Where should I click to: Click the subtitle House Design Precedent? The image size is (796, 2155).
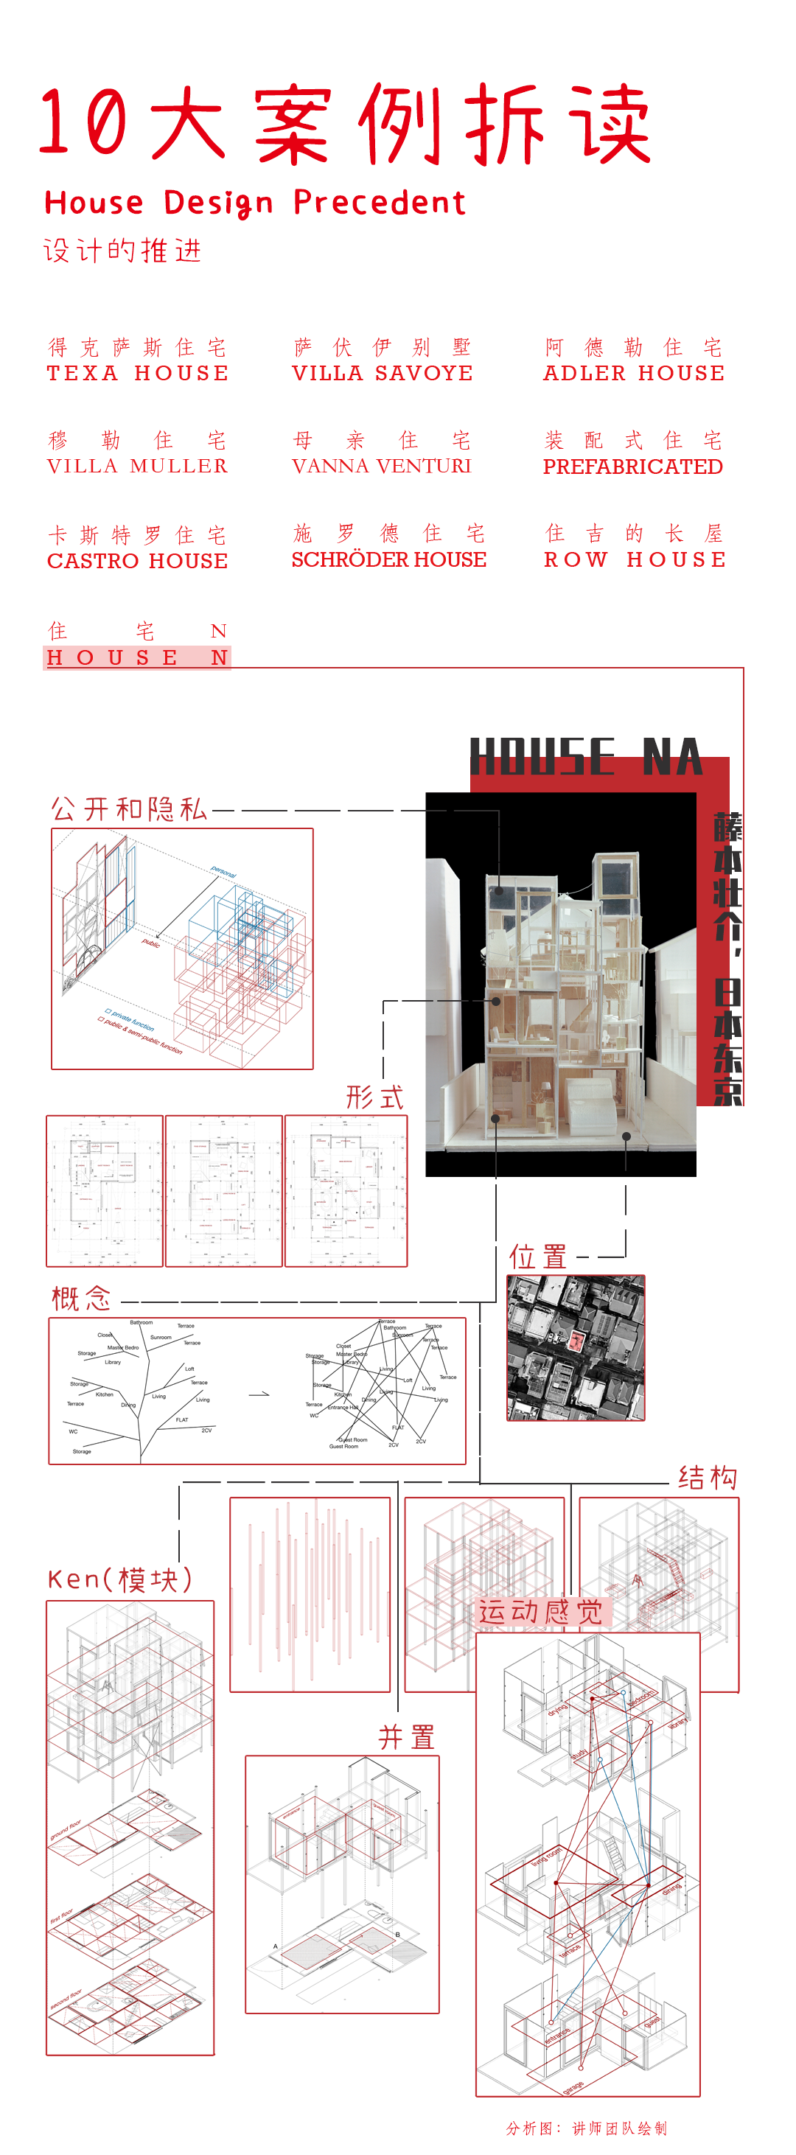[254, 203]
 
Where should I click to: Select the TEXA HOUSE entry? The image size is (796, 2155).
[137, 373]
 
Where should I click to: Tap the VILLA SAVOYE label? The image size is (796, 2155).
[382, 373]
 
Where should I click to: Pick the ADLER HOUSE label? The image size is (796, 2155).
[634, 373]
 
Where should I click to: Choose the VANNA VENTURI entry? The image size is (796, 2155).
[382, 466]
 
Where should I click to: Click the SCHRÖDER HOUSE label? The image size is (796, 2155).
[388, 559]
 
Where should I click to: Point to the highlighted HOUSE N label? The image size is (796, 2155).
[137, 657]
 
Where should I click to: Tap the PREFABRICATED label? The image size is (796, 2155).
[633, 467]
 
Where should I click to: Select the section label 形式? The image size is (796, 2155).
[375, 1097]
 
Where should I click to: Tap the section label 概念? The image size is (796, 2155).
[81, 1299]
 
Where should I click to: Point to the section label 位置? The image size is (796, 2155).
[538, 1257]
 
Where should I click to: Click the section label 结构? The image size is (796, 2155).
[708, 1478]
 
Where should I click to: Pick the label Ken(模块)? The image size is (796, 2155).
[119, 1579]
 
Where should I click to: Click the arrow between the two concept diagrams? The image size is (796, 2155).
[259, 1394]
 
